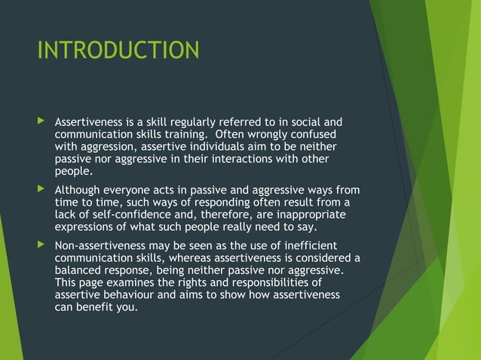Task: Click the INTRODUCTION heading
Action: coord(118,50)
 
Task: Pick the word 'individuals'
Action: coord(218,146)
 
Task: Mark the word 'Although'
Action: coord(80,190)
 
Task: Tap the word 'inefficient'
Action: coord(308,246)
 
